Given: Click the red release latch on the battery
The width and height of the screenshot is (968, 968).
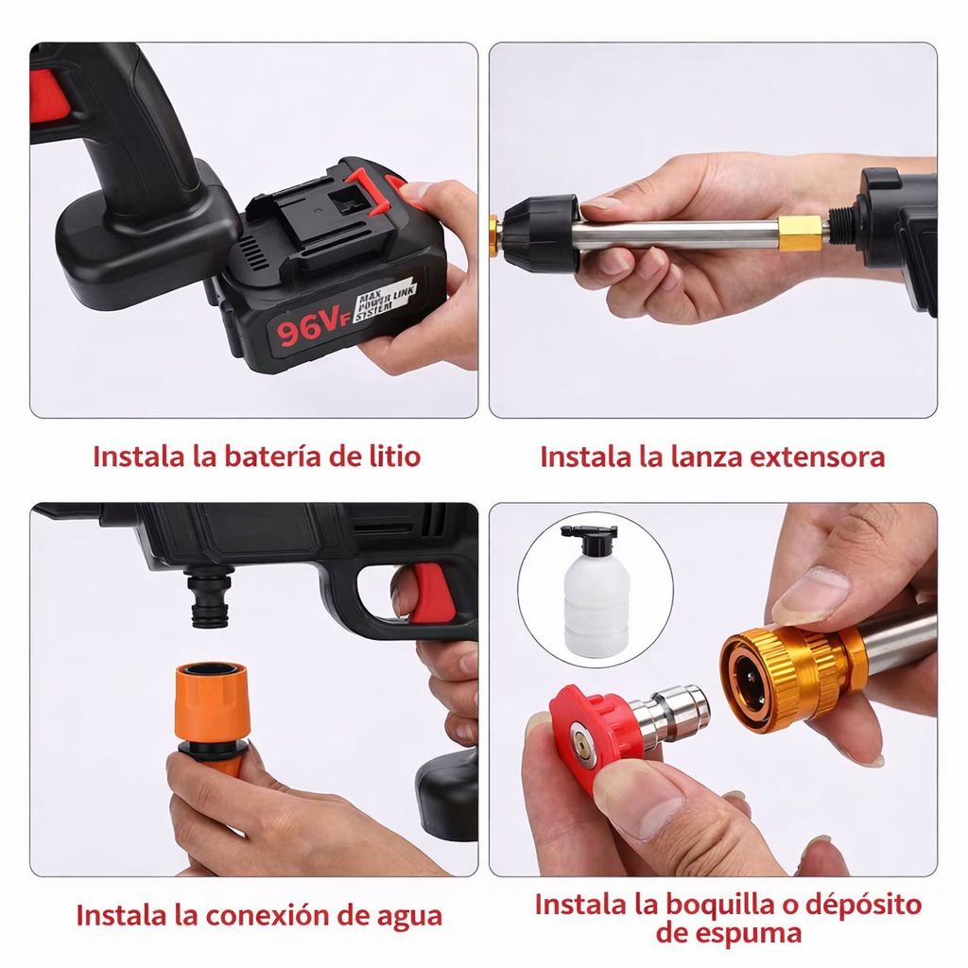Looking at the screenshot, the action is [366, 191].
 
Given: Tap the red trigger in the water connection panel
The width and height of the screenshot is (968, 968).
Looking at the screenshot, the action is [427, 594].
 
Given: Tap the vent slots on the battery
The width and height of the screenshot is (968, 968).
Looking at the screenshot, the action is [250, 254].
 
